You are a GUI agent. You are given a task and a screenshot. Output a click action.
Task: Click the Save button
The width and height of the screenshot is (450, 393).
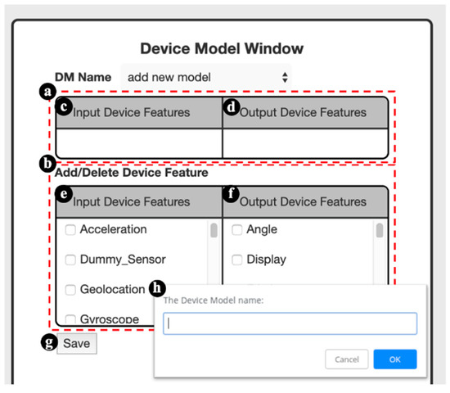(x=76, y=344)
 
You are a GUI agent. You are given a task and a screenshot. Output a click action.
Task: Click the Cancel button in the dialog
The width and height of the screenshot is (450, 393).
(x=347, y=359)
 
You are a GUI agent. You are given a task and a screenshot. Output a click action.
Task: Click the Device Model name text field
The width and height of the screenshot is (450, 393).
(x=290, y=323)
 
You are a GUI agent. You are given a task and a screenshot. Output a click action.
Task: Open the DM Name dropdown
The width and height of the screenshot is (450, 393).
(x=205, y=77)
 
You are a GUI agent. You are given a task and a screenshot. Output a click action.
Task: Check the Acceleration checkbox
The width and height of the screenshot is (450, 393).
(x=71, y=230)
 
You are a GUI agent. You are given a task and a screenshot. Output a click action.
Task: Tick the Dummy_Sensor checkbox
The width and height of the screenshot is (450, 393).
(x=71, y=260)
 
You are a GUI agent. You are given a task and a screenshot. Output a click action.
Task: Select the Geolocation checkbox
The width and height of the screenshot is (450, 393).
(x=71, y=289)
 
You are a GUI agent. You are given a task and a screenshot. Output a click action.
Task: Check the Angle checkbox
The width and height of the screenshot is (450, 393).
(x=237, y=230)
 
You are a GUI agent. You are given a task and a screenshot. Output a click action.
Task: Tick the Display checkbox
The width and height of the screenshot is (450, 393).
(x=237, y=260)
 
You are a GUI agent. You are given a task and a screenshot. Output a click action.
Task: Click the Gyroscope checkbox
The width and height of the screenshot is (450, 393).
(x=71, y=318)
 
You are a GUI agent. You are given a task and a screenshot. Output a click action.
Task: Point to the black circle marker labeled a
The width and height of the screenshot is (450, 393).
(x=47, y=92)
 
